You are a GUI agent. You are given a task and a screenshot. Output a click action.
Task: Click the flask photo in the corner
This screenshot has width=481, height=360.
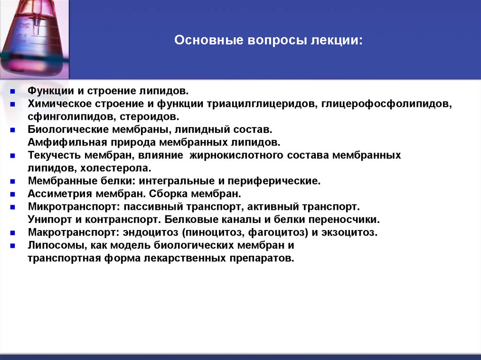pos(34,38)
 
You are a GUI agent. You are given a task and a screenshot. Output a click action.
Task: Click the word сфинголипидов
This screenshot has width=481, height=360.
pos(67,116)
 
